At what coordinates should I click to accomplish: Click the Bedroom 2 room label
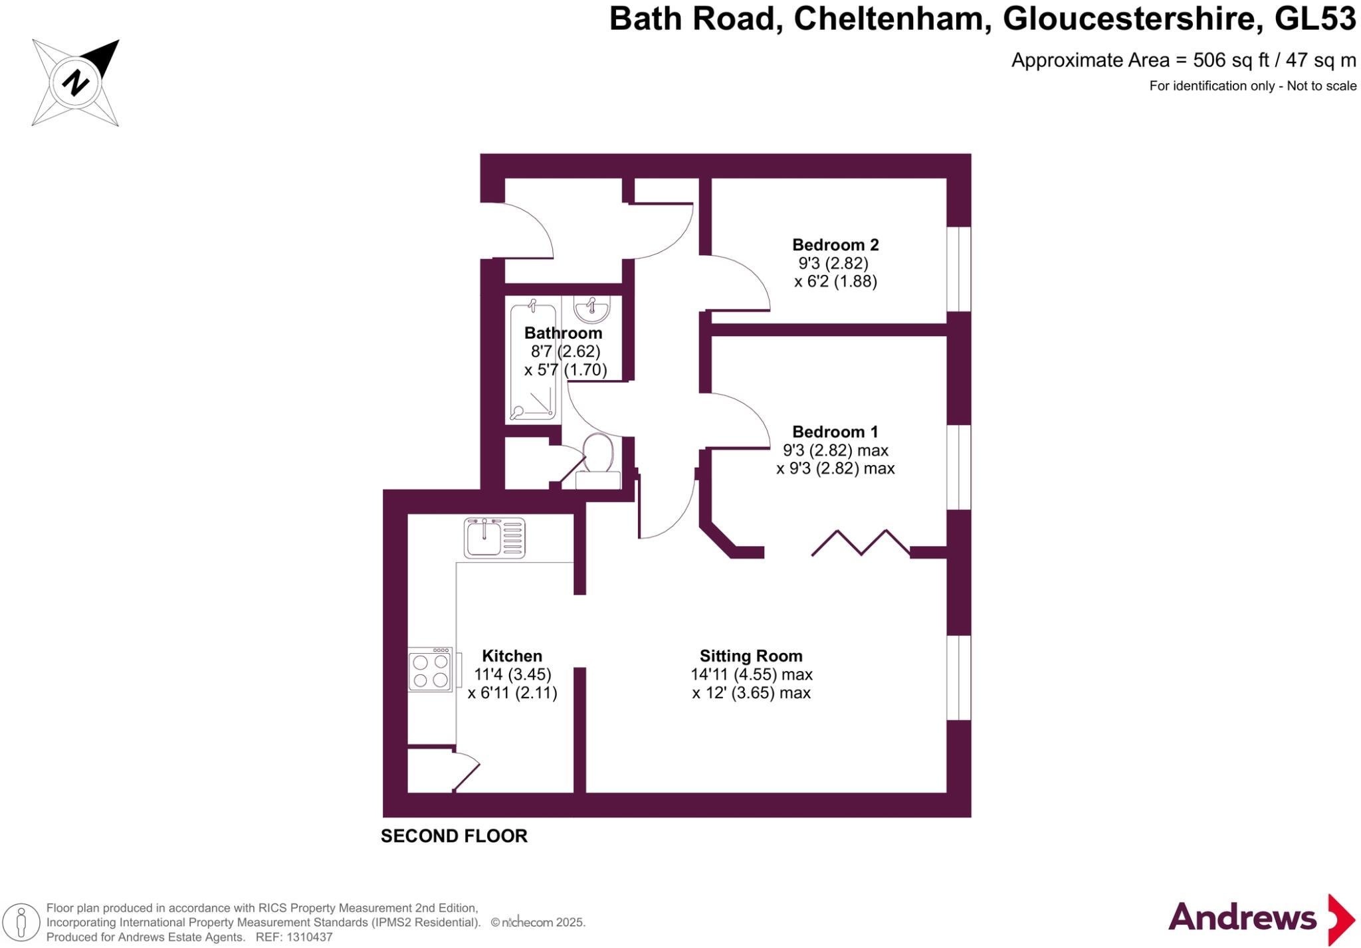(x=835, y=245)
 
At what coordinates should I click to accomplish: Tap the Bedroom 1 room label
(x=835, y=432)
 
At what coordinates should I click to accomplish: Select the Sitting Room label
(x=751, y=656)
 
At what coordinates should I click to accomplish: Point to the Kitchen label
(x=512, y=656)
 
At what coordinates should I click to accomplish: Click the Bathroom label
(x=563, y=333)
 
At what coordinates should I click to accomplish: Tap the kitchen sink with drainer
(x=494, y=537)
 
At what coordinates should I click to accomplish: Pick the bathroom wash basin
(x=591, y=309)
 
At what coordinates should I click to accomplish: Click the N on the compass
(x=76, y=83)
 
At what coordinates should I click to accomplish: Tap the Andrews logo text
(x=1242, y=918)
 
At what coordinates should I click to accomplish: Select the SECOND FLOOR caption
(x=454, y=836)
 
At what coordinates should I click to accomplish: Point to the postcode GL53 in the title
(x=1315, y=19)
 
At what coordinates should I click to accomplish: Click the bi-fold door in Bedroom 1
(x=861, y=542)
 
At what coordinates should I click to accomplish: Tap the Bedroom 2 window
(x=958, y=269)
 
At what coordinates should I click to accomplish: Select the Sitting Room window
(x=958, y=678)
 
